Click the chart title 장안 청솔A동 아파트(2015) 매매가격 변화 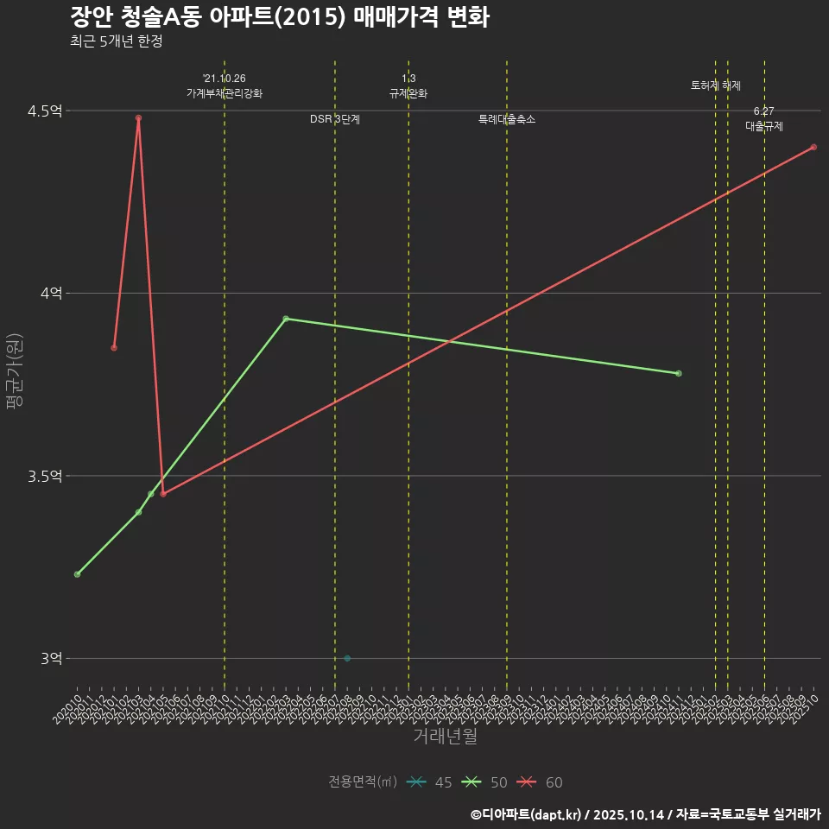(x=279, y=17)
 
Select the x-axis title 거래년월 (x=445, y=737)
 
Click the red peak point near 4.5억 (x=138, y=117)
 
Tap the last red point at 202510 (x=813, y=147)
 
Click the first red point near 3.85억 (x=114, y=347)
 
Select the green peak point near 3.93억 (x=286, y=319)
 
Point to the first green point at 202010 (x=77, y=574)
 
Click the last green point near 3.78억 (x=679, y=373)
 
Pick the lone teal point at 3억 (x=347, y=658)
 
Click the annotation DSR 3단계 (x=335, y=119)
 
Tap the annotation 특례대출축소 (x=507, y=119)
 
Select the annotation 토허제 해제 (x=715, y=85)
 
